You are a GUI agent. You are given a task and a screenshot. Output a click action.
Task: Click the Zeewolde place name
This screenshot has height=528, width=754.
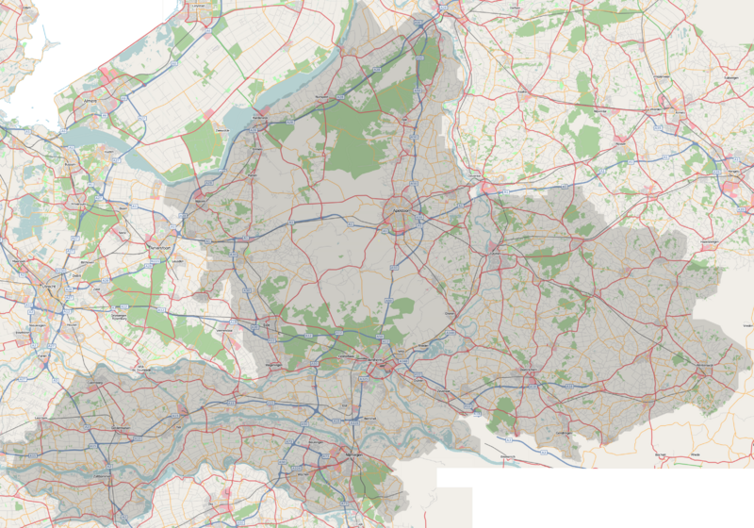point(220,130)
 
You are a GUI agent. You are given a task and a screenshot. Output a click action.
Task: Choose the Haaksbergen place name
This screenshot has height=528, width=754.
point(709,247)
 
